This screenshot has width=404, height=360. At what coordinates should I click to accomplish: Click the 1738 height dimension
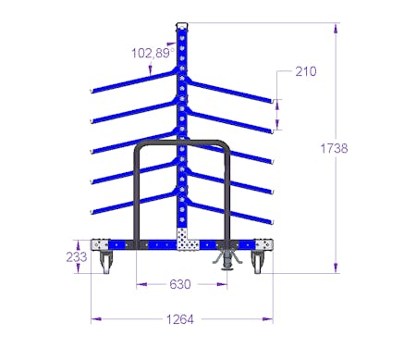pyautogui.click(x=334, y=148)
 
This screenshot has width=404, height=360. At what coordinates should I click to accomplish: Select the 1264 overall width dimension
pyautogui.click(x=180, y=319)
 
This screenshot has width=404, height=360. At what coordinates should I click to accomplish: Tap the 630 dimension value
pyautogui.click(x=180, y=284)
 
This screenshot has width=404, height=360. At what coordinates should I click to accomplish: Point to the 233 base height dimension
pyautogui.click(x=77, y=256)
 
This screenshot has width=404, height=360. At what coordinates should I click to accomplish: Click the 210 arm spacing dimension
pyautogui.click(x=306, y=71)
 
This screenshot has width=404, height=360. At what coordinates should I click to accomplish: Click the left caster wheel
pyautogui.click(x=104, y=262)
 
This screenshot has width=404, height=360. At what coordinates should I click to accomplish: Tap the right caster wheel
pyautogui.click(x=258, y=262)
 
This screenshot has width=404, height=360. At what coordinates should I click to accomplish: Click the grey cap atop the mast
pyautogui.click(x=182, y=25)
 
